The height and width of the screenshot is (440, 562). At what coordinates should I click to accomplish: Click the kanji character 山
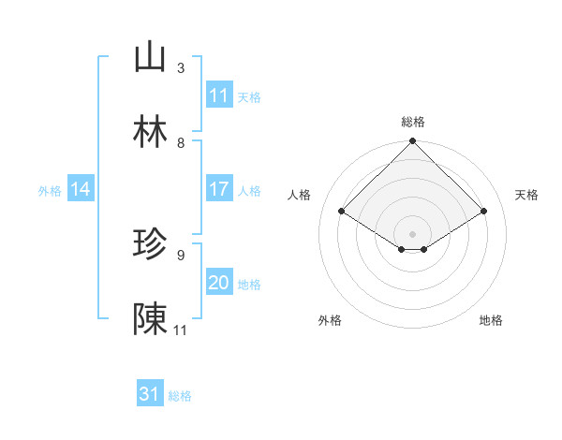pos(150,58)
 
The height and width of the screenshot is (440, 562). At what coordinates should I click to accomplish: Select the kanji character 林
pos(150,133)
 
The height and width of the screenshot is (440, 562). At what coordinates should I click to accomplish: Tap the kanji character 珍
pos(150,245)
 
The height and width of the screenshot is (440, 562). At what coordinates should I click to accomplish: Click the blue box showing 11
pos(219,95)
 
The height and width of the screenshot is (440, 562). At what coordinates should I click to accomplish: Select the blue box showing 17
pos(219,190)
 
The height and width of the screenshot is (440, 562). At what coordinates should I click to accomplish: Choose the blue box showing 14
pos(81,190)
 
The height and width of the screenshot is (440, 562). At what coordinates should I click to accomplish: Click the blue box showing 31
pos(150,395)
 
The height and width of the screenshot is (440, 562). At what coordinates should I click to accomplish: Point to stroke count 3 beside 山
pos(180,68)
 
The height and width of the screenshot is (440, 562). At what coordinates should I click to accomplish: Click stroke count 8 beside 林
pos(180,143)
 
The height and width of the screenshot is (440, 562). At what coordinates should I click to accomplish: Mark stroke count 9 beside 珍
pos(180,255)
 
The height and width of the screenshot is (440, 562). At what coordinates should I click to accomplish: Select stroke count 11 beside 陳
pos(181,330)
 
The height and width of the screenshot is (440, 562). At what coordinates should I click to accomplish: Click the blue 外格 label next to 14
pos(50,191)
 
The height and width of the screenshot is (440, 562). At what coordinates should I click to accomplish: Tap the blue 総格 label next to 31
pos(180,396)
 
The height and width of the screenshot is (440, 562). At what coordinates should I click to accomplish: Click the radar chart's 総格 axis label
pos(413,122)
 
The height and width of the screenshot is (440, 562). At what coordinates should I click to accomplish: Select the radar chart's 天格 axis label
pos(526,195)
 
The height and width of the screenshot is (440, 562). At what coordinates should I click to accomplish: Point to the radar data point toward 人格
pos(342,211)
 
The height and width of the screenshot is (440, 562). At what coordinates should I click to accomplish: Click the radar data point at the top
pos(413,142)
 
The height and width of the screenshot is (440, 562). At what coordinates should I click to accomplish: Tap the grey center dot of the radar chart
pos(413,233)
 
